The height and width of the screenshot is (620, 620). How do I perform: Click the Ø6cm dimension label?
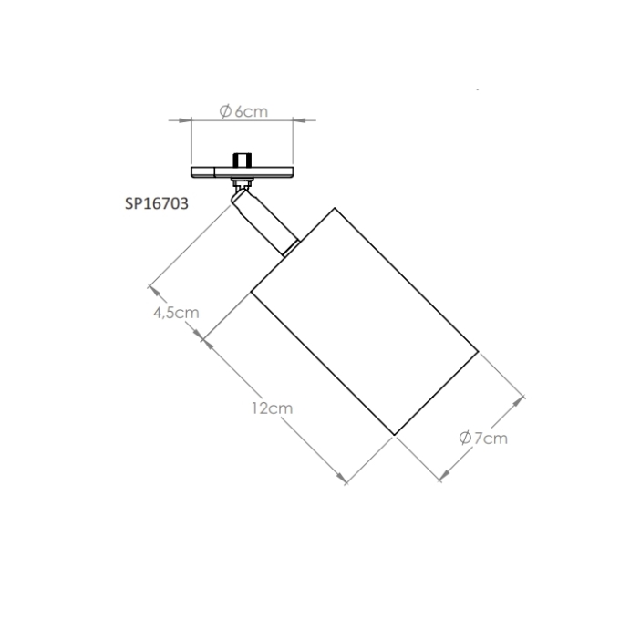coord(243,111)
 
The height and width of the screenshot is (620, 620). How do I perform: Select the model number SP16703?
coord(157,203)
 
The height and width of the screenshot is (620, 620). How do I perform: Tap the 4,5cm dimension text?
coord(176,313)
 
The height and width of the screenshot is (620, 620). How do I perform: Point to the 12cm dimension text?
coord(273,408)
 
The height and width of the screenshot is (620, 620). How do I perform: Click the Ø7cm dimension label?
coord(483,439)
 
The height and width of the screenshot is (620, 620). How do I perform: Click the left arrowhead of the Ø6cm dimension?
coord(184,119)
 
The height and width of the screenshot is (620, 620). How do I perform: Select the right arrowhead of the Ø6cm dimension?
coord(300,119)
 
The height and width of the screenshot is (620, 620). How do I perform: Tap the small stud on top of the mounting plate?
coord(243,160)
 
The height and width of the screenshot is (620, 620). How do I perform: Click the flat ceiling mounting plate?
coord(243,172)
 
